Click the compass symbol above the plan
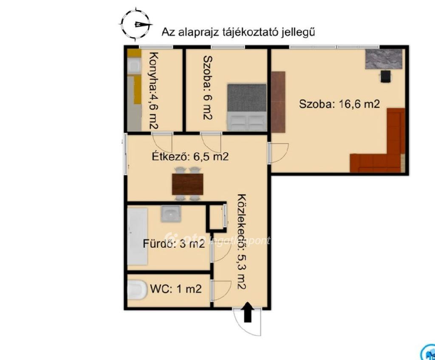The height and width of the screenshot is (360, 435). click(x=136, y=24)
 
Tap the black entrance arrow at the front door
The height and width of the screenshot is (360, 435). click(x=248, y=312)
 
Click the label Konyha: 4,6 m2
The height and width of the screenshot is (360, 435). click(x=153, y=91)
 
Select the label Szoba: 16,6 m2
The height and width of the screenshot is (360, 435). click(x=339, y=104)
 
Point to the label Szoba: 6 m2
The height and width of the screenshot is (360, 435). click(x=207, y=88)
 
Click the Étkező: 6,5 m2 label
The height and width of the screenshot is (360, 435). click(x=190, y=156)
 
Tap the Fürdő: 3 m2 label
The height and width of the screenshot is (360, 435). click(x=174, y=244)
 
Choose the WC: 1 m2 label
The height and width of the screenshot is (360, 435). click(x=176, y=289)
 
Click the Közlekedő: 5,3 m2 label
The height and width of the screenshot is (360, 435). click(x=242, y=241)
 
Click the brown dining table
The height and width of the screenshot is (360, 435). click(x=187, y=184)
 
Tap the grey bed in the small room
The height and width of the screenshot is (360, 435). click(x=247, y=107)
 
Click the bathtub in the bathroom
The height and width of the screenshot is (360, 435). click(x=137, y=236)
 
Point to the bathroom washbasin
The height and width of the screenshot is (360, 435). click(x=171, y=213)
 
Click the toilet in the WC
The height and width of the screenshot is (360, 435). click(x=137, y=290)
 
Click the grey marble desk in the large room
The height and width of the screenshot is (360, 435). click(x=384, y=59)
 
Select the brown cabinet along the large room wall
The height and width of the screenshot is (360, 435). click(x=278, y=102)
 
